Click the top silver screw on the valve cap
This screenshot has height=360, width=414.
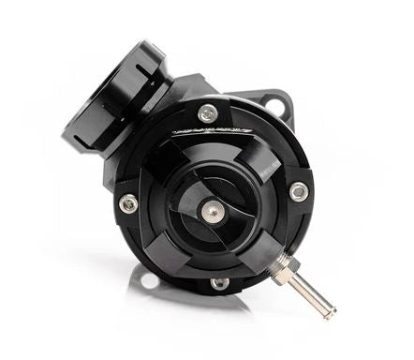click(x=207, y=113)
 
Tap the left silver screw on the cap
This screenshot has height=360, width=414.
click(x=128, y=202)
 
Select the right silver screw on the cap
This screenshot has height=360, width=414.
click(x=298, y=191)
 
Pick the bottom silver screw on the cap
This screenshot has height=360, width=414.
click(x=218, y=282)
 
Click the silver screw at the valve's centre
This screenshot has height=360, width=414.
click(x=214, y=212)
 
